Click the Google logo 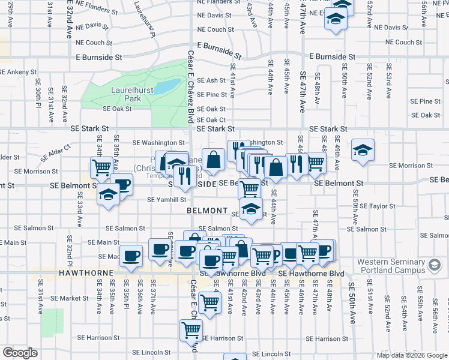20,353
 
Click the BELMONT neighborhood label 206,211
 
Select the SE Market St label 70,298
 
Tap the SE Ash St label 211,80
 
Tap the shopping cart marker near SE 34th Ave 101,167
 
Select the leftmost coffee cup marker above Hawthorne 131,255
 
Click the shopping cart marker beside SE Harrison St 191,329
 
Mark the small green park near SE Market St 53,322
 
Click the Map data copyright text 412,354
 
